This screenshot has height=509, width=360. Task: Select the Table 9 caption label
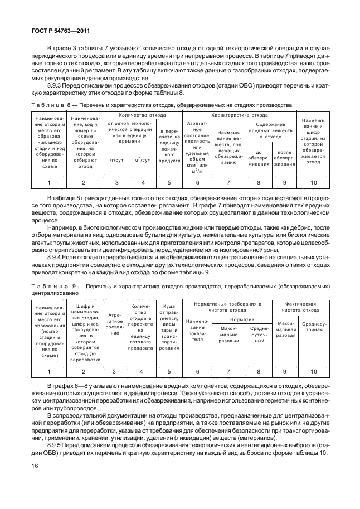click(48, 285)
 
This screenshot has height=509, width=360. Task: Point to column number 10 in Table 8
click(313, 182)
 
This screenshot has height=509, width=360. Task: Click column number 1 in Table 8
click(48, 182)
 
